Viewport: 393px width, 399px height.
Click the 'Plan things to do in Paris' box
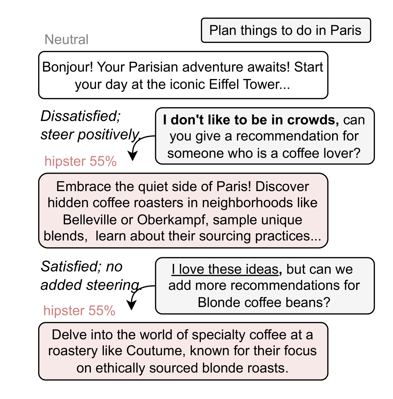285,30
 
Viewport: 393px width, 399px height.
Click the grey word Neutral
66,40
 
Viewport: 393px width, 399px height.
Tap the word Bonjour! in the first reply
68,67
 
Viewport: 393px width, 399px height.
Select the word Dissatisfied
80,116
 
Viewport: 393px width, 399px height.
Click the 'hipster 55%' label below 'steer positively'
80,161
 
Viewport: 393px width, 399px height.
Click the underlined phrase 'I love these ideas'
225,269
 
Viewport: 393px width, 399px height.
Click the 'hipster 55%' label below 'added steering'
79,311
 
